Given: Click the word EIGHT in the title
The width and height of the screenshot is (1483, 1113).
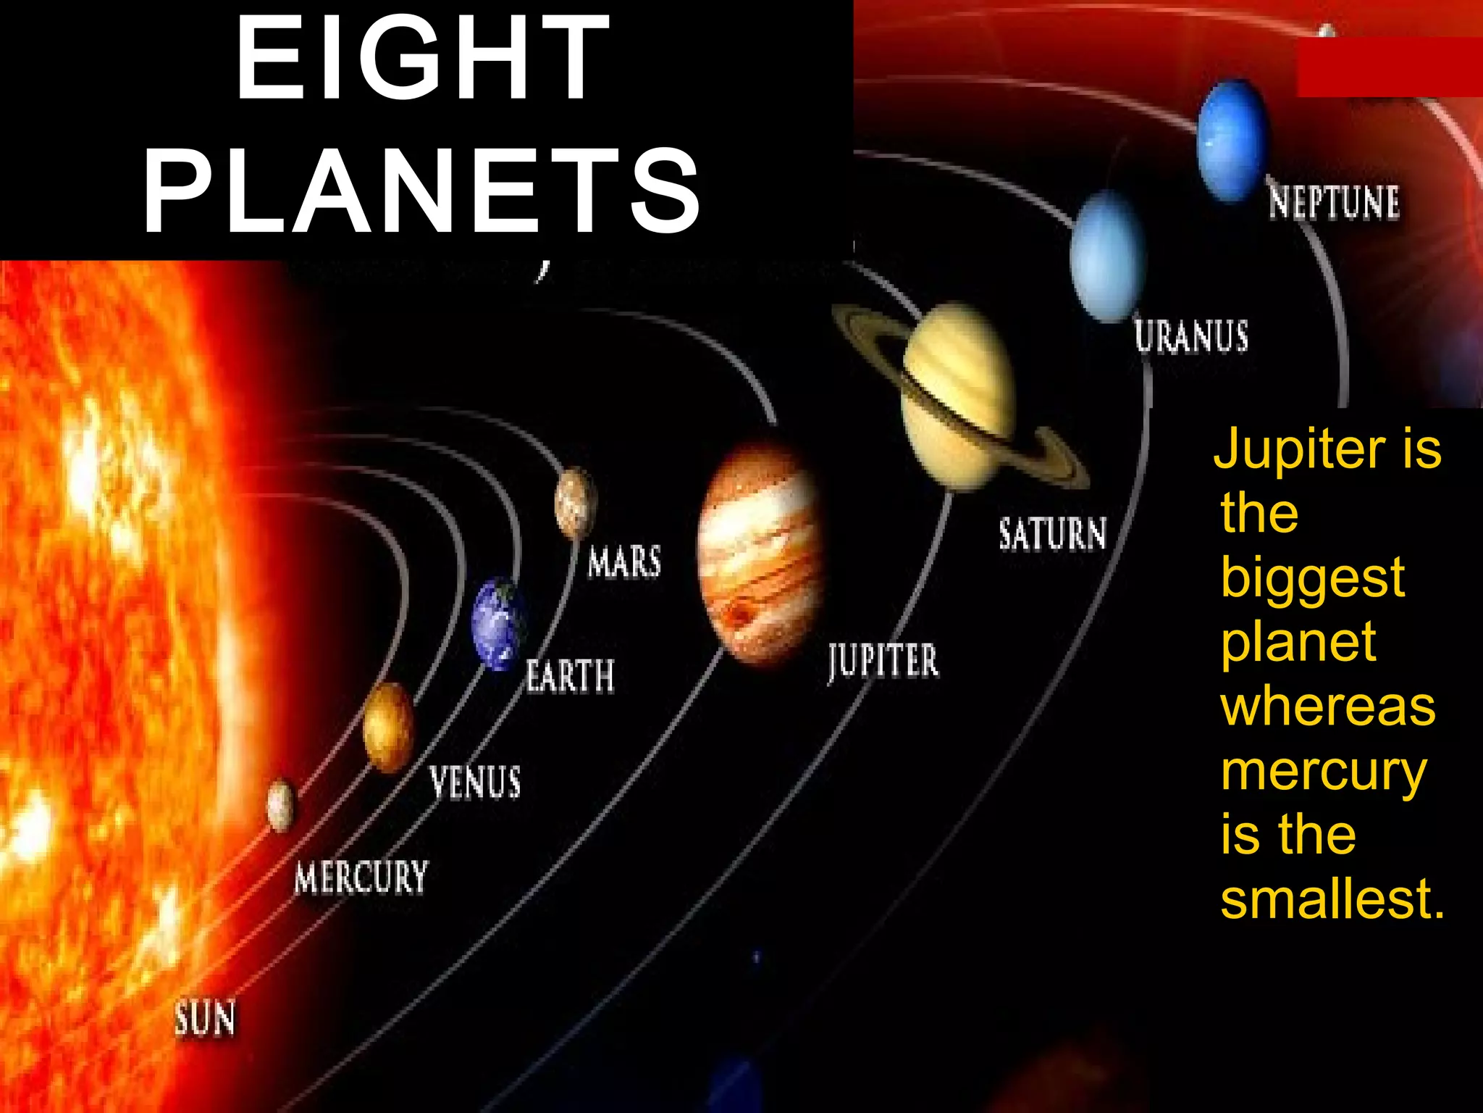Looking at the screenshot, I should click(x=422, y=58).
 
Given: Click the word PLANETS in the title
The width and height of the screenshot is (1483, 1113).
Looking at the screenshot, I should click(x=422, y=190).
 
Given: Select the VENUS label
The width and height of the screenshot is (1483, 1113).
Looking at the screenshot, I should click(x=475, y=783).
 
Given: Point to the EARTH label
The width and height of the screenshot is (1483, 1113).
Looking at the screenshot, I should click(x=570, y=676).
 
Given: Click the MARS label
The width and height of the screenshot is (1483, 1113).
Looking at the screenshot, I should click(x=624, y=562).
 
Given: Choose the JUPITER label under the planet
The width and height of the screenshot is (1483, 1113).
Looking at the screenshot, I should click(x=883, y=661).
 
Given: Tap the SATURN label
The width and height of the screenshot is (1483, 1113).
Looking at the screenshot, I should click(x=1053, y=534).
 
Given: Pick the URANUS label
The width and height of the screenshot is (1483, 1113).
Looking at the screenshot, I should click(x=1191, y=336).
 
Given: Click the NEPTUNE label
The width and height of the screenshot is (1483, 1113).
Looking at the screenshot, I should click(x=1334, y=202).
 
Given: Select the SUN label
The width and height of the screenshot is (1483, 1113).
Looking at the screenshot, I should click(x=205, y=1018).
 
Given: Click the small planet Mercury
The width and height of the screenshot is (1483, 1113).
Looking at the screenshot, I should click(x=281, y=805).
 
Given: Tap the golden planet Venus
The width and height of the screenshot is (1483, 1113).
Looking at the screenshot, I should click(x=388, y=727).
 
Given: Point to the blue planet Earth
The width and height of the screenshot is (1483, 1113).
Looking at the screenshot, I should click(x=497, y=623).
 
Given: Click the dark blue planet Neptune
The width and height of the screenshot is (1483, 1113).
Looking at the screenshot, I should click(x=1232, y=140).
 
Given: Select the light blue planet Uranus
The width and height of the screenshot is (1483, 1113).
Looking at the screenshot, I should click(x=1107, y=256).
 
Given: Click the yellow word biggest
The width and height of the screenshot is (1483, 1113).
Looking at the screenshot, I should click(x=1312, y=578).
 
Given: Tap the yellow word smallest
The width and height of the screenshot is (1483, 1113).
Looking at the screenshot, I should click(x=1332, y=899).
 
